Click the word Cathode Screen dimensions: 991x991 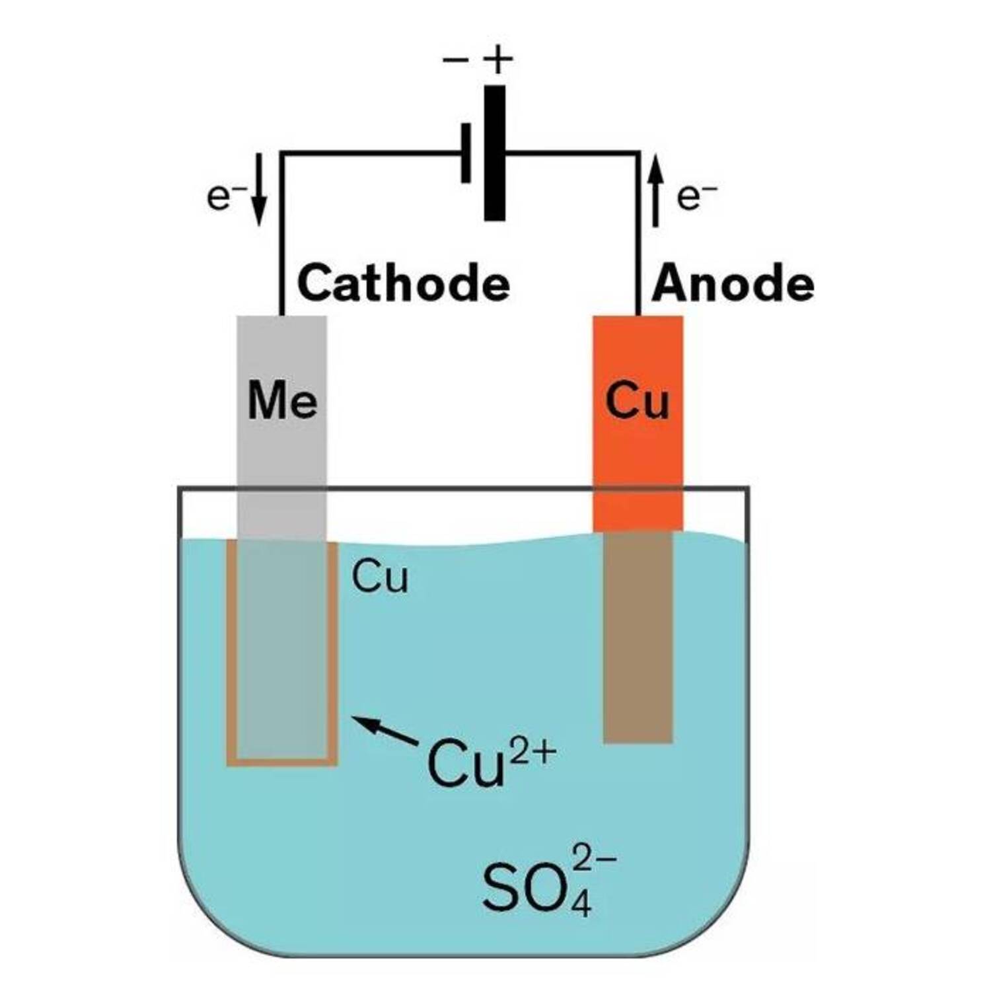(x=404, y=283)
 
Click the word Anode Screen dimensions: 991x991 (x=733, y=283)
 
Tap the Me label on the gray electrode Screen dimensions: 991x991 (x=282, y=400)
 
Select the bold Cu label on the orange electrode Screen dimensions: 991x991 (x=637, y=400)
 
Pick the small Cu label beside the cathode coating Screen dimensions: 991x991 (x=380, y=577)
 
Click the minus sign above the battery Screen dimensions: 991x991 (x=455, y=61)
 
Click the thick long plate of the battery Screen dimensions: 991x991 (x=494, y=153)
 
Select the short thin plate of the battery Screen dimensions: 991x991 (x=466, y=153)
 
